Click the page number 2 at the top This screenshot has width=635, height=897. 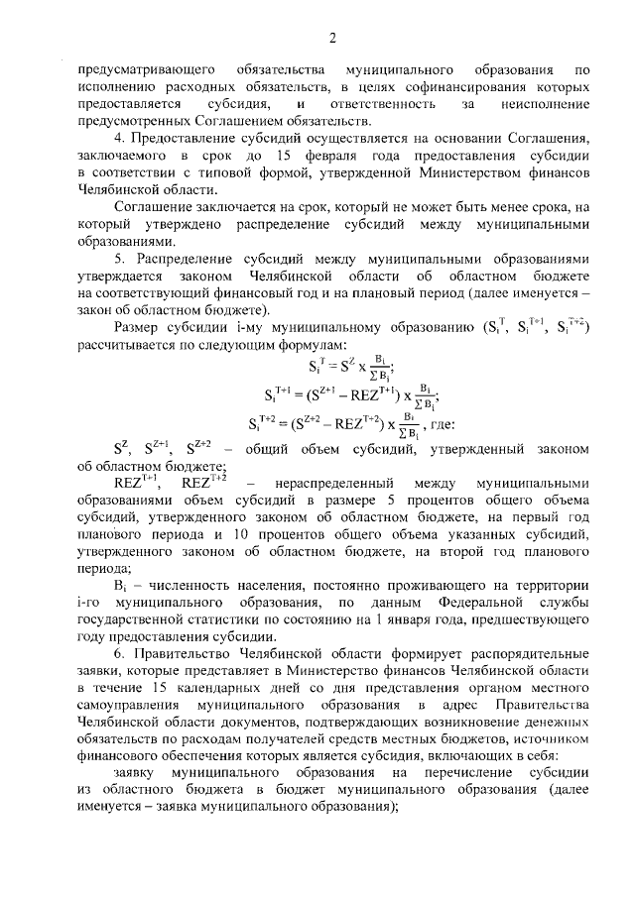(x=332, y=39)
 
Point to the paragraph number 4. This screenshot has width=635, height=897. (x=119, y=136)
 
